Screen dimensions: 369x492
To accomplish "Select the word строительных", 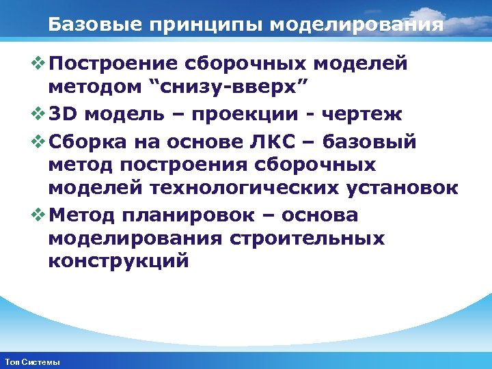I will point(308,239).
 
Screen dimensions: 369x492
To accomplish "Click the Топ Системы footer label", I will point(31,361).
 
